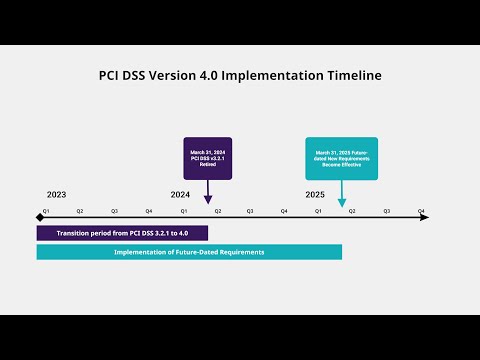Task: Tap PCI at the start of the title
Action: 111,75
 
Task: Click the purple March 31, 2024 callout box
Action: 207,158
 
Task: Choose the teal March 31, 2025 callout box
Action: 341,158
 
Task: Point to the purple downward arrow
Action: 207,192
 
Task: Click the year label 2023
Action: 56,194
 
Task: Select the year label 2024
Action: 180,194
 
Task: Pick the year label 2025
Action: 315,194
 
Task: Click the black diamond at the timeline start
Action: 40,217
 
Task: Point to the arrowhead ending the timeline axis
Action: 425,217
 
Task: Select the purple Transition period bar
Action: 122,233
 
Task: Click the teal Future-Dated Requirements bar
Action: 189,252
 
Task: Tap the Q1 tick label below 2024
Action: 183,211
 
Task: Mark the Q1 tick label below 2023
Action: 44,211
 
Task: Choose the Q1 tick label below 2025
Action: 318,211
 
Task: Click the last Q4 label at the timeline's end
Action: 421,211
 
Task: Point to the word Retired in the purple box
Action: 207,170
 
